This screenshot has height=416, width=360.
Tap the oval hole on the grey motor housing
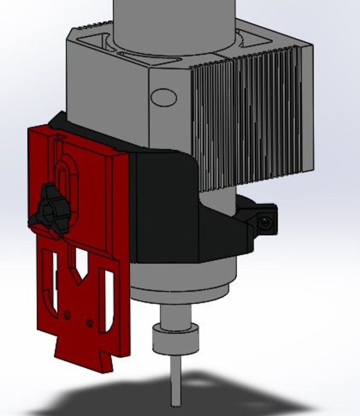point(163,97)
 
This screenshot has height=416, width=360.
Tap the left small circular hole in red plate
point(67,314)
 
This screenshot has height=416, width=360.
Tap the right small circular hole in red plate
point(90,323)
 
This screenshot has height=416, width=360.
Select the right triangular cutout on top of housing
point(254,41)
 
